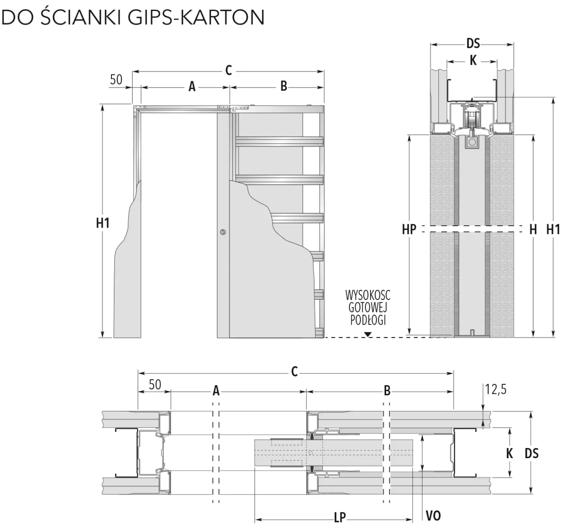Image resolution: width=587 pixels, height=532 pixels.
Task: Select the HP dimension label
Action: [408, 229]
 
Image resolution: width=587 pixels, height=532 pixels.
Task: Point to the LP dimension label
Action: [339, 517]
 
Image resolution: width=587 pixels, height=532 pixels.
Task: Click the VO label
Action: [433, 515]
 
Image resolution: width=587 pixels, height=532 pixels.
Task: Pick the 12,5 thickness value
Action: [496, 390]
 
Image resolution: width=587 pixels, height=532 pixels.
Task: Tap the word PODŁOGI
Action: [368, 320]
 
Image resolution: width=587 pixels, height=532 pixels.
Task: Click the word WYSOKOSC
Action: [368, 294]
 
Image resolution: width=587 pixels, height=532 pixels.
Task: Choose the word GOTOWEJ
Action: [368, 307]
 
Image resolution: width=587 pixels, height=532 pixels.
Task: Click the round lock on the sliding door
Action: [223, 232]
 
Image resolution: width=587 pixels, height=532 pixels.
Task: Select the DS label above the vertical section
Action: [473, 44]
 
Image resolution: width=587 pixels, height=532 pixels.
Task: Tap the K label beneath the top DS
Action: [473, 60]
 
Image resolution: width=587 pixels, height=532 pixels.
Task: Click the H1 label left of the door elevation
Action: [103, 223]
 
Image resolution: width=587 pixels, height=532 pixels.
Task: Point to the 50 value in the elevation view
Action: [116, 79]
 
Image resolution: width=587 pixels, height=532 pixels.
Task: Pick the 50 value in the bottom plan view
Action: [155, 384]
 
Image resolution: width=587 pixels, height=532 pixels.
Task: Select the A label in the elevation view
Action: [192, 86]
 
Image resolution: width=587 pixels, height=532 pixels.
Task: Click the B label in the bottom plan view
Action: [387, 391]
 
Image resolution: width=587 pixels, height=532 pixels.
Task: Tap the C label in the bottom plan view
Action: [294, 371]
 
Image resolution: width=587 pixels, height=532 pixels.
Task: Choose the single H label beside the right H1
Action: [533, 229]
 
